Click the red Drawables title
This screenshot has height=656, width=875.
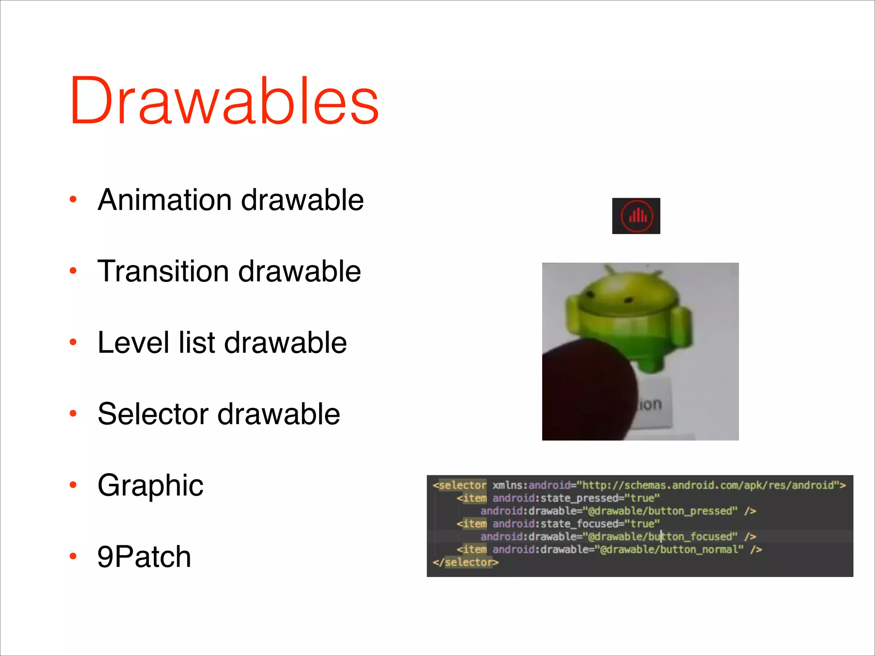(224, 101)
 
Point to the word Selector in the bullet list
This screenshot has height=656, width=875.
(153, 414)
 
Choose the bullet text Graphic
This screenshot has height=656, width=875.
(150, 485)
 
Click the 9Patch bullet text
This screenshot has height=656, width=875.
(144, 556)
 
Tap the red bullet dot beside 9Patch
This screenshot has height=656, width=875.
(73, 556)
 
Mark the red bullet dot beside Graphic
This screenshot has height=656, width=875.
(73, 485)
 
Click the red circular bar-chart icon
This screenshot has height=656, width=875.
(636, 216)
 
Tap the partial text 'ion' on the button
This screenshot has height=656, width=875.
(650, 404)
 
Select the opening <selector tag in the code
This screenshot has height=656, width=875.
(460, 485)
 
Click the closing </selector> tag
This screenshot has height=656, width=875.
(466, 562)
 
